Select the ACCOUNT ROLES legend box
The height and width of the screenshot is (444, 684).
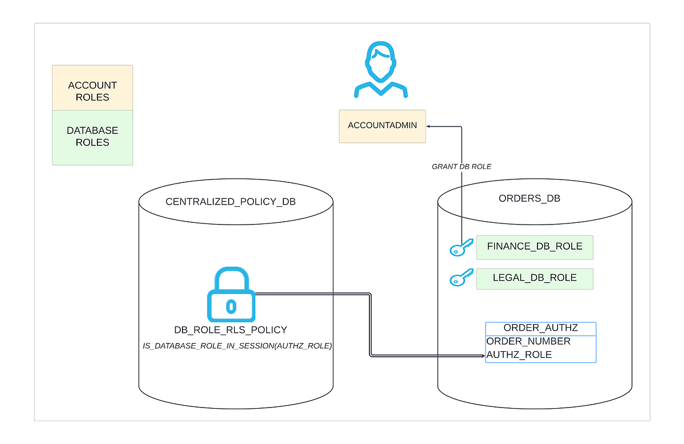pyautogui.click(x=92, y=88)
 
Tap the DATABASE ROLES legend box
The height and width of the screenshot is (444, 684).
pyautogui.click(x=92, y=137)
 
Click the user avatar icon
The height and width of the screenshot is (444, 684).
pyautogui.click(x=380, y=71)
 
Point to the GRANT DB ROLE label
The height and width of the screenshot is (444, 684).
pyautogui.click(x=462, y=167)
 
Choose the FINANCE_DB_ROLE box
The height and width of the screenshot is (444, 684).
pyautogui.click(x=534, y=247)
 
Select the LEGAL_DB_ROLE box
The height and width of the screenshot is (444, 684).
pyautogui.click(x=534, y=278)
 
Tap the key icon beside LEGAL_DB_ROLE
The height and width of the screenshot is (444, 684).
pyautogui.click(x=461, y=278)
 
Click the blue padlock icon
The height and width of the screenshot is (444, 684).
pyautogui.click(x=231, y=295)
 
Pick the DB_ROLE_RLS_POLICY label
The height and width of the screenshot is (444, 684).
pyautogui.click(x=230, y=330)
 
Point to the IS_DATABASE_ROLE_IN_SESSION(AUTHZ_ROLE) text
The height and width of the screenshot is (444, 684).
pyautogui.click(x=237, y=346)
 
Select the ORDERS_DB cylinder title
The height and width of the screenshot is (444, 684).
pyautogui.click(x=530, y=199)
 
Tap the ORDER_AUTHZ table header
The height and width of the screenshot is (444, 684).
pyautogui.click(x=540, y=328)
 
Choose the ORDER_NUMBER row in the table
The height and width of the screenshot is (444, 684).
pyautogui.click(x=528, y=341)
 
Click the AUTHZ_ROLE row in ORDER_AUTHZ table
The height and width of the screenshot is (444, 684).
pyautogui.click(x=519, y=355)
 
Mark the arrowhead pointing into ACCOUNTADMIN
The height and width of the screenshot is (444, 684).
pyautogui.click(x=429, y=127)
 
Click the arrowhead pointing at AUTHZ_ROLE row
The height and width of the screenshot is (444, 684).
pyautogui.click(x=482, y=356)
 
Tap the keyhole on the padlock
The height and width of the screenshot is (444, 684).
pyautogui.click(x=230, y=307)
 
